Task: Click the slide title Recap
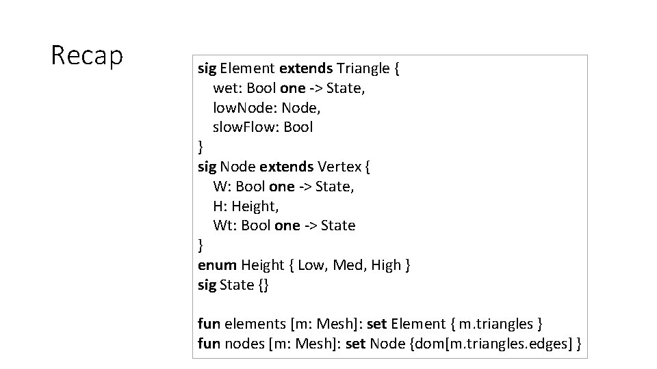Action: tap(87, 56)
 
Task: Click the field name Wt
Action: tap(223, 225)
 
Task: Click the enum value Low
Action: tap(311, 265)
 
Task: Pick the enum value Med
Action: tap(347, 265)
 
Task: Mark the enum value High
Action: tap(386, 265)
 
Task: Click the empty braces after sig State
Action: tap(263, 285)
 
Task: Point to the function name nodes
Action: tap(244, 343)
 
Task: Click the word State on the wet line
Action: tap(346, 88)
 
